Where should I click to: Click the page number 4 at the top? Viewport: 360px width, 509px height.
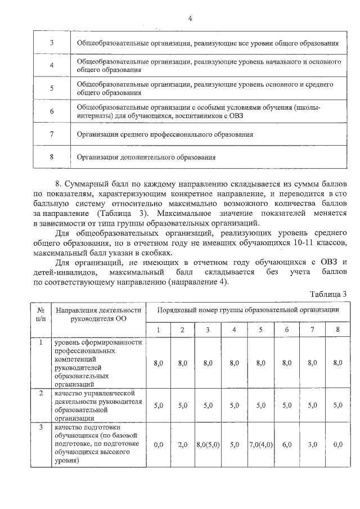pos(190,18)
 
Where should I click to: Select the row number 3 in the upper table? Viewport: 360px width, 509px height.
pos(51,43)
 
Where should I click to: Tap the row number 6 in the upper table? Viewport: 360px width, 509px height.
pos(51,111)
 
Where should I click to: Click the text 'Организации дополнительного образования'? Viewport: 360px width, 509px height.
pos(146,157)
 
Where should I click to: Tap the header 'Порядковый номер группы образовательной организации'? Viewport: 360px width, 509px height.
pos(247,310)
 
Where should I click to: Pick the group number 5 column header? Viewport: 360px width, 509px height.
pos(260,330)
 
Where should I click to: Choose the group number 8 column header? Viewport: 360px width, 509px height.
pos(337,330)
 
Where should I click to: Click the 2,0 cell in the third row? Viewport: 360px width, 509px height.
pos(182,444)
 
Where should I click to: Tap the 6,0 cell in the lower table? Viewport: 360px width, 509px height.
pos(287,444)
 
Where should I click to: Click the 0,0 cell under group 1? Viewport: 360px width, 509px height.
pos(158,444)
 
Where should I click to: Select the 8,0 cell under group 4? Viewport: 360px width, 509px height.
pos(234,363)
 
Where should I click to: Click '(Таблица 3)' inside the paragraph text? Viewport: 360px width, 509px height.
pos(123,214)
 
